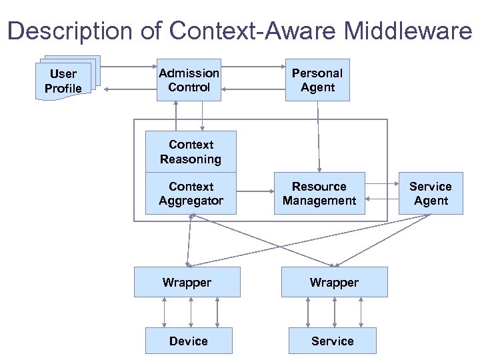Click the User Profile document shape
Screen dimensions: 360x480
(64, 81)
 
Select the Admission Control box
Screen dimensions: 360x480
(189, 80)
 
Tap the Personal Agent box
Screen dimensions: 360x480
(317, 80)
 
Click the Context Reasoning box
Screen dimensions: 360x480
(191, 152)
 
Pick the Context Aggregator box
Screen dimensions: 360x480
(191, 193)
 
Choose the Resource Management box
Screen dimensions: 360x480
(319, 193)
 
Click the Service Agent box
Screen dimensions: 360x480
(431, 193)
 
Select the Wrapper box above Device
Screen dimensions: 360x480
(187, 282)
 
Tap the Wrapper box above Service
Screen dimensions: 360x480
(334, 282)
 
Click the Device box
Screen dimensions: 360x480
(189, 341)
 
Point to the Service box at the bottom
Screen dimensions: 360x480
(332, 341)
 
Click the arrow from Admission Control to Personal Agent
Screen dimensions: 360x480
(253, 67)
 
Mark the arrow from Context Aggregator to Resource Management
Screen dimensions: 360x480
(255, 193)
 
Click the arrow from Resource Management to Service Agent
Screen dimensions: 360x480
(381, 183)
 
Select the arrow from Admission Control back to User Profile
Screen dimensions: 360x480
(131, 89)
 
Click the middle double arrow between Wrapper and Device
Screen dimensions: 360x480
(191, 312)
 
